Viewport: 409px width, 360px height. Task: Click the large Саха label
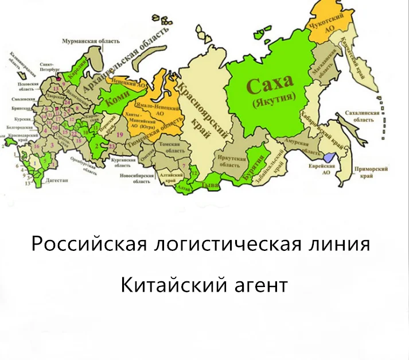pos(270,86)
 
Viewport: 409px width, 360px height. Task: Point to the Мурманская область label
pos(91,41)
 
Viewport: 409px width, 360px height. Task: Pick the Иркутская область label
pos(232,160)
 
